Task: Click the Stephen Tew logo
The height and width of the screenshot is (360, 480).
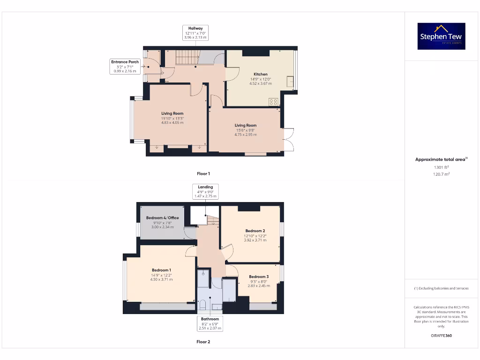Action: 441,36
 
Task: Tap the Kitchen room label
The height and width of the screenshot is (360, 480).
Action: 261,74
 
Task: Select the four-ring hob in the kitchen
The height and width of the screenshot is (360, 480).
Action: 273,101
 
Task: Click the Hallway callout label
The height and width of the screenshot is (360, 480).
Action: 195,29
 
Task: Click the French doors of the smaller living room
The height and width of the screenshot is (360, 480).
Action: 288,139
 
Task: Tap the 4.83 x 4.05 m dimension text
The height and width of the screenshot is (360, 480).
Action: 172,122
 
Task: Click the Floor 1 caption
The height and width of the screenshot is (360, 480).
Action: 203,173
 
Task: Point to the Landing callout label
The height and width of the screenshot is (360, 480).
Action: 205,187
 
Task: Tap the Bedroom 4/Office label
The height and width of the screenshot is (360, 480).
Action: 162,218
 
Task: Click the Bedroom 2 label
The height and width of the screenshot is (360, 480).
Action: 255,231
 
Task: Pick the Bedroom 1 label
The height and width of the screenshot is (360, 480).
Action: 161,270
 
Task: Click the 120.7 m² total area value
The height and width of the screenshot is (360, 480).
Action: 441,174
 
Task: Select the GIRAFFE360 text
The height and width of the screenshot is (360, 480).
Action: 441,336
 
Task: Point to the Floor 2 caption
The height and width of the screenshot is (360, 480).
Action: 203,342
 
